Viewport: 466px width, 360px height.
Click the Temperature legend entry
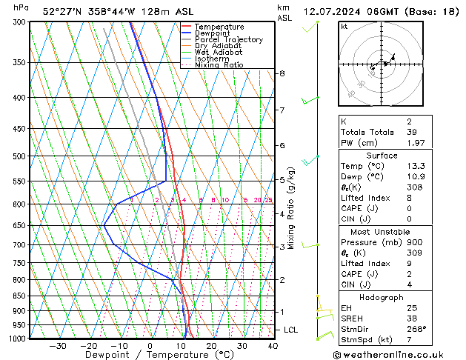coord(219,27)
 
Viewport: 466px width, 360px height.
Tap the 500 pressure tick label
coord(21,156)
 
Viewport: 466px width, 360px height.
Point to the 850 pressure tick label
coord(21,296)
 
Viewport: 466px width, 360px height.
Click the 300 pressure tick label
coord(21,22)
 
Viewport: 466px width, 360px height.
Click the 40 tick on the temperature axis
coord(273,346)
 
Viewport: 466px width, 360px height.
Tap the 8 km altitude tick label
coord(282,73)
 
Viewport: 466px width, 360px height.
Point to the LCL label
coord(292,330)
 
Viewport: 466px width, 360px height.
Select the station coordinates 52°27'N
coord(62,11)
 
